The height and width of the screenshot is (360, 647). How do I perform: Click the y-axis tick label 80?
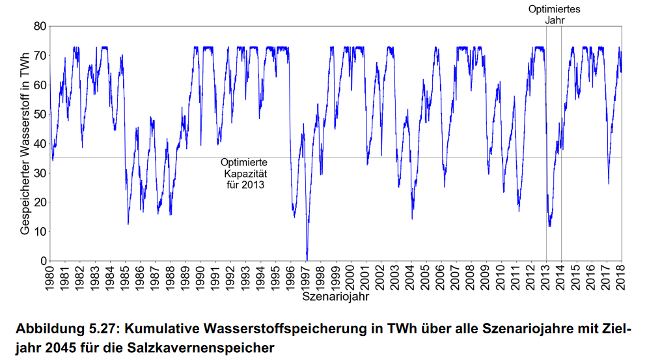pyautogui.click(x=37, y=26)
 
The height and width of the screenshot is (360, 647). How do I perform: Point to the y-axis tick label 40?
pyautogui.click(x=37, y=143)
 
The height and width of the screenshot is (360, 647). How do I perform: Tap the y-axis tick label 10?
pyautogui.click(x=37, y=232)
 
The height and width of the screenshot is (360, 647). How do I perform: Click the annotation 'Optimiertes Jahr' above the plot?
pyautogui.click(x=555, y=14)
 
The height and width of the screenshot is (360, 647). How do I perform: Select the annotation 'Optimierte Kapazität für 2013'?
pyautogui.click(x=244, y=173)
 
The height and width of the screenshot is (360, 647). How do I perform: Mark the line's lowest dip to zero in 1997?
pyautogui.click(x=307, y=258)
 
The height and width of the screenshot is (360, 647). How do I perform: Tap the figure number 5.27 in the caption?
pyautogui.click(x=107, y=329)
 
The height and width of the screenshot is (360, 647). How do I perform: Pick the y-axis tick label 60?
pyautogui.click(x=37, y=85)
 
